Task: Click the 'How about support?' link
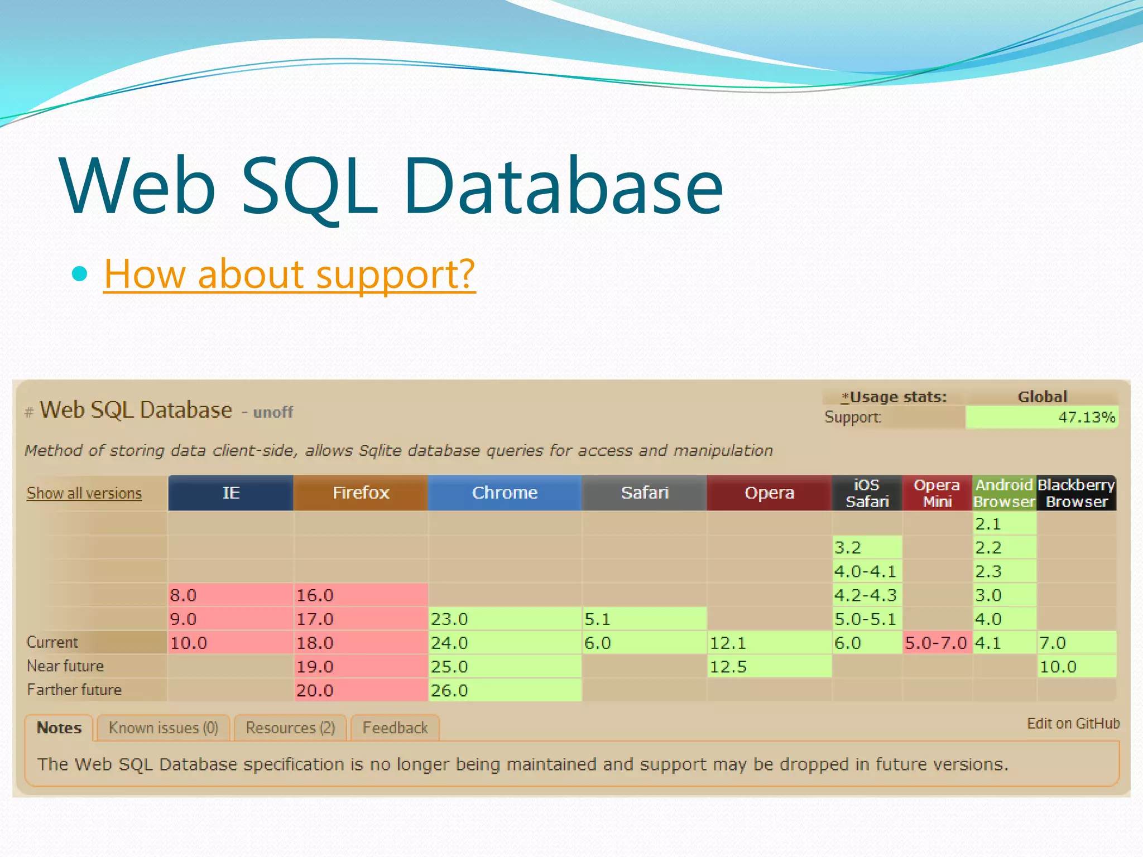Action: (289, 274)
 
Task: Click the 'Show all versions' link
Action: (84, 493)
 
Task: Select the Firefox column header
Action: (361, 493)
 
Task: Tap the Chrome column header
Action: (505, 493)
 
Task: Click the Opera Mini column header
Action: (937, 493)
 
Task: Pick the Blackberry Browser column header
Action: (1076, 493)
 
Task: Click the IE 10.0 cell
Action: (230, 643)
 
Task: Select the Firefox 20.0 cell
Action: (360, 690)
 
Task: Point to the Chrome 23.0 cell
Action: (505, 619)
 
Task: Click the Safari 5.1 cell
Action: (644, 619)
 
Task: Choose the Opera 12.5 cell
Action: (769, 667)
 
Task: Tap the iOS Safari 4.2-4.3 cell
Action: (867, 595)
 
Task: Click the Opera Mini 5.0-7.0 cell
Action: (937, 643)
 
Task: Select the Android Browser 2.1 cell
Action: (1004, 524)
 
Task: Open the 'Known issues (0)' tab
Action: (163, 728)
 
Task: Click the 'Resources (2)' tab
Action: (290, 728)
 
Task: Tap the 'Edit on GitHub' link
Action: (1073, 724)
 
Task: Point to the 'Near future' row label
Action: (65, 666)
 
